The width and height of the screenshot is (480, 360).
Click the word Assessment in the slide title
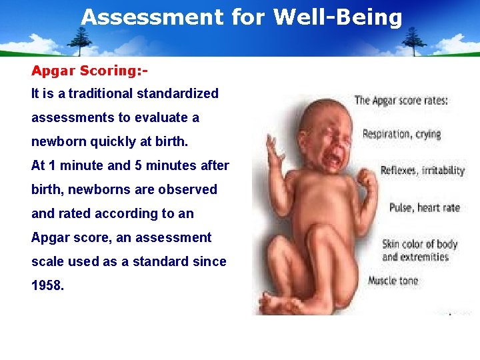(152, 17)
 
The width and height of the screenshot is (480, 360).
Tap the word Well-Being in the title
(338, 17)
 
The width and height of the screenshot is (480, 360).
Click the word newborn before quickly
(56, 141)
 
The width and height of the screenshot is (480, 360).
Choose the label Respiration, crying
(401, 134)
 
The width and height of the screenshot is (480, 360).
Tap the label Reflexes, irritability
(422, 170)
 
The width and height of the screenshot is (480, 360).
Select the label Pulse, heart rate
(425, 207)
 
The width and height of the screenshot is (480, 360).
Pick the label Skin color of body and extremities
(419, 250)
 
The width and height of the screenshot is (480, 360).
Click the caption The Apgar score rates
(401, 101)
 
